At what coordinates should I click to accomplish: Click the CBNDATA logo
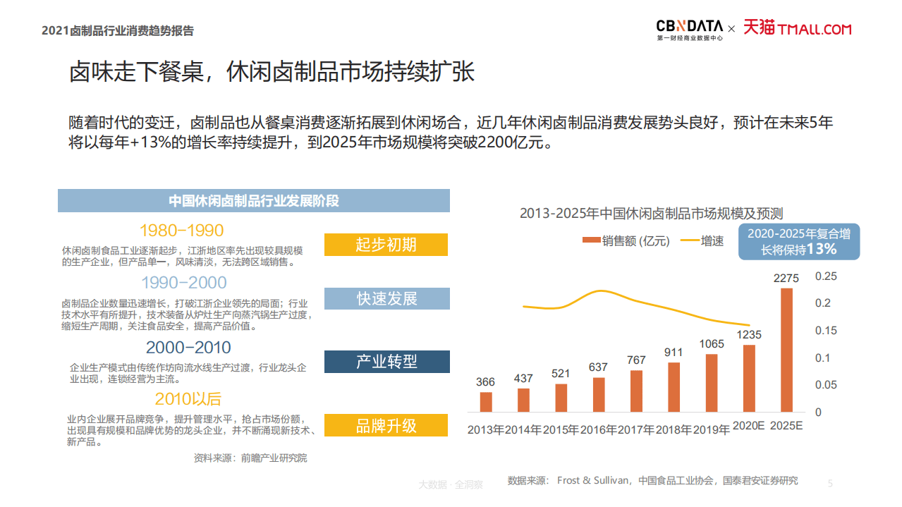(x=689, y=29)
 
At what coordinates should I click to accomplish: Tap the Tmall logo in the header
(x=797, y=28)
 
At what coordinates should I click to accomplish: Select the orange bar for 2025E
(x=786, y=350)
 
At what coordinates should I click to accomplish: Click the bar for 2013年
(x=486, y=401)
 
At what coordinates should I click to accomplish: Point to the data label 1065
(x=712, y=344)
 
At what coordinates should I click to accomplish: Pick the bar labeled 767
(x=636, y=391)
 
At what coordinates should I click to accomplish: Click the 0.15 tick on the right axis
(x=827, y=331)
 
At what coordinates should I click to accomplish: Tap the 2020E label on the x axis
(x=748, y=426)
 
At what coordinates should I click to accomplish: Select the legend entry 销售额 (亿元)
(x=626, y=241)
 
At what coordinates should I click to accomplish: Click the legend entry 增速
(x=702, y=241)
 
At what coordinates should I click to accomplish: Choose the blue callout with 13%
(x=799, y=242)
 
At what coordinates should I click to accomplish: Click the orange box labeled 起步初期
(x=386, y=245)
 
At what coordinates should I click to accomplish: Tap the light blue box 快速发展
(x=386, y=298)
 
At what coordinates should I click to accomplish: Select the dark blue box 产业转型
(x=386, y=362)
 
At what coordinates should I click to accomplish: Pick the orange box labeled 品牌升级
(x=386, y=425)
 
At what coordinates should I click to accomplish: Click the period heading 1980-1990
(x=181, y=231)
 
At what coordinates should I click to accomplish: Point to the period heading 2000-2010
(x=188, y=348)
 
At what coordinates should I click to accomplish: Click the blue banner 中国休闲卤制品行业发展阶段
(x=253, y=201)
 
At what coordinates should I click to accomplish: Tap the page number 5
(x=830, y=484)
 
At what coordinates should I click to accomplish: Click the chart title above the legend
(x=651, y=214)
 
